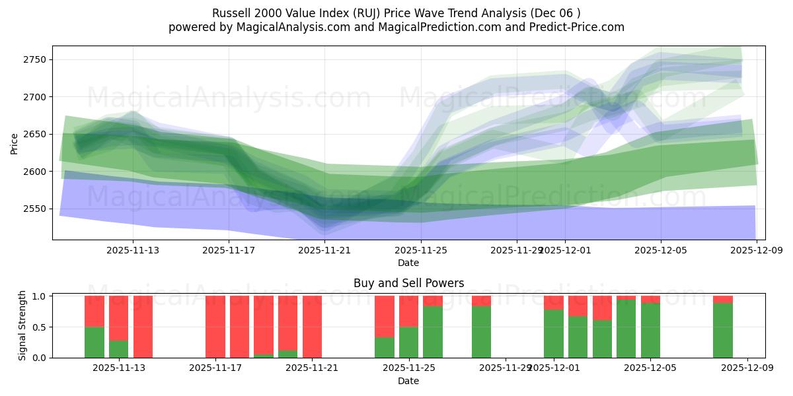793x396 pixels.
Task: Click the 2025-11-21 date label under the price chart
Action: [324, 250]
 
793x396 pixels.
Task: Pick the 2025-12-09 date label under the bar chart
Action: [747, 368]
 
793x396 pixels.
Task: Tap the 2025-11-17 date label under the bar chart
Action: [215, 368]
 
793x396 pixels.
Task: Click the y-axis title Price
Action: [15, 143]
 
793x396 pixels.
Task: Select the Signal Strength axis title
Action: [22, 325]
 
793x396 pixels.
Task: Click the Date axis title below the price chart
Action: [408, 263]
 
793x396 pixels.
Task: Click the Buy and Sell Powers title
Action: [408, 283]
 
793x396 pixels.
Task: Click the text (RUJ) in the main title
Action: [358, 13]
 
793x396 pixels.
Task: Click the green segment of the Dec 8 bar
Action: [722, 330]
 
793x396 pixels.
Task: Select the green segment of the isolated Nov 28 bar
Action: [481, 332]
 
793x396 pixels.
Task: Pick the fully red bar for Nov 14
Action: [143, 327]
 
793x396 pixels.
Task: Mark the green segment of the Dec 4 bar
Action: [626, 329]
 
